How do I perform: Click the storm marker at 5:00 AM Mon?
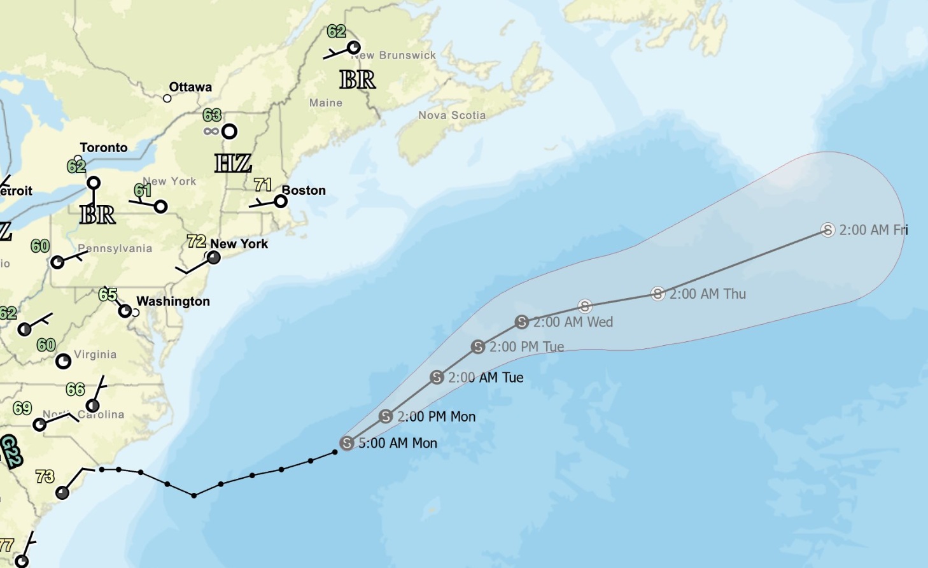(347, 443)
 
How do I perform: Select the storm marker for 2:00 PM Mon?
(386, 416)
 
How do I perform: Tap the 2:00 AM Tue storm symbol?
(437, 377)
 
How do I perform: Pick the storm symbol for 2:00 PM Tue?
(478, 346)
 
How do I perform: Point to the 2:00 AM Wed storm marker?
(522, 322)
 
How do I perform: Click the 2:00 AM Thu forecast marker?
(658, 294)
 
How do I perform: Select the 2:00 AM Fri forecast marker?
(827, 230)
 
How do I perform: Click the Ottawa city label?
(190, 87)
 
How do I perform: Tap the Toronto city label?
(104, 148)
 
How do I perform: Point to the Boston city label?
(304, 190)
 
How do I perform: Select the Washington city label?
(173, 301)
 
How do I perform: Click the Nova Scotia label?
(452, 115)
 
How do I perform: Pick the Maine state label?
(326, 103)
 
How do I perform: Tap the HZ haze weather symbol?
(233, 164)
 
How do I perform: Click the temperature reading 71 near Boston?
(263, 185)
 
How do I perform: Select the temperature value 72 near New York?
(197, 241)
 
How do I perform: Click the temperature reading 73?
(45, 476)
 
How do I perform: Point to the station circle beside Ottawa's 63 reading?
(229, 131)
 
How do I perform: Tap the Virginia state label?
(95, 355)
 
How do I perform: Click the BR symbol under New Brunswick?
(358, 80)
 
